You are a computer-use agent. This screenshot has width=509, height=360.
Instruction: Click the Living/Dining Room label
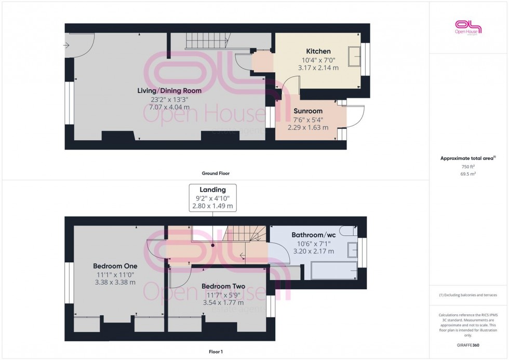tap(169, 90)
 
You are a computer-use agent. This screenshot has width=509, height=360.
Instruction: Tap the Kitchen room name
tap(318, 51)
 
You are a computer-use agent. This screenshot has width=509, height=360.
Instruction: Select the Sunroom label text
tap(308, 111)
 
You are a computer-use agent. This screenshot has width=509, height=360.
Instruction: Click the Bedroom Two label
tap(223, 286)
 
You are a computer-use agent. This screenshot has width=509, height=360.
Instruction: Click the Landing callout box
tap(212, 198)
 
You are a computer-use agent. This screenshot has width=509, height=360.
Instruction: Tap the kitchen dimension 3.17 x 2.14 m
tap(318, 68)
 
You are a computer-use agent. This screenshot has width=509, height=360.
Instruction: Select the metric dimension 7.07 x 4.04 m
tap(169, 107)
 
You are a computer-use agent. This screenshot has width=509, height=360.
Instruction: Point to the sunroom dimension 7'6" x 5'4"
tap(308, 119)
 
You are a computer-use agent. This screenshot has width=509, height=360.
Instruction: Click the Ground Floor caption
tap(216, 174)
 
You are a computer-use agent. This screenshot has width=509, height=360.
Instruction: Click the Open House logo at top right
tap(468, 27)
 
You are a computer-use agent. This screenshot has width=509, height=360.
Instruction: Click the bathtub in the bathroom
tap(333, 271)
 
